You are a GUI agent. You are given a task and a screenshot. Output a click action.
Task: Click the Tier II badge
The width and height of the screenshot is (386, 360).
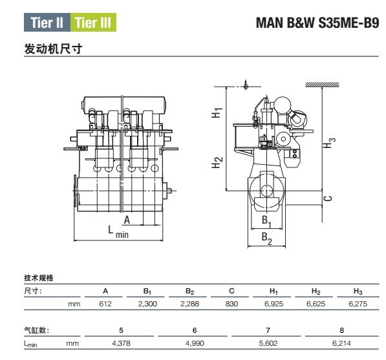[x=47, y=23]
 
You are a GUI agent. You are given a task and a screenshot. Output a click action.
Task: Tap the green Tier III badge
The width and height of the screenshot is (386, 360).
[x=93, y=23]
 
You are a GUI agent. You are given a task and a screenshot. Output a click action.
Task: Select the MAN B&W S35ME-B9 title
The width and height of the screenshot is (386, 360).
[x=317, y=23]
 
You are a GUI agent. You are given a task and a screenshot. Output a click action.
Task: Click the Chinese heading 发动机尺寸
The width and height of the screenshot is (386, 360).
[x=53, y=48]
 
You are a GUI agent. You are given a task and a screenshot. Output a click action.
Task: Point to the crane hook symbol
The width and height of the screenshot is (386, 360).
[x=245, y=85]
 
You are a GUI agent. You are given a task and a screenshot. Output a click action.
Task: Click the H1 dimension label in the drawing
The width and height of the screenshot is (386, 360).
[x=217, y=112]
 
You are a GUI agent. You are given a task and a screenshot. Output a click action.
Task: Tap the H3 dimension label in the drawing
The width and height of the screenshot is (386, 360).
[x=329, y=143]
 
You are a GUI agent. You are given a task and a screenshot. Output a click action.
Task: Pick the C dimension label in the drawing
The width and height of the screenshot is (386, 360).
[x=328, y=198]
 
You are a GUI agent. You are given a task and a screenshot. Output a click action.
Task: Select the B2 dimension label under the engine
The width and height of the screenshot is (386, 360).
[x=267, y=238]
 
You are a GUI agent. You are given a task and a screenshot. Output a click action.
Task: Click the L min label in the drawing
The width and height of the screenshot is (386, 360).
[x=118, y=232]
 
